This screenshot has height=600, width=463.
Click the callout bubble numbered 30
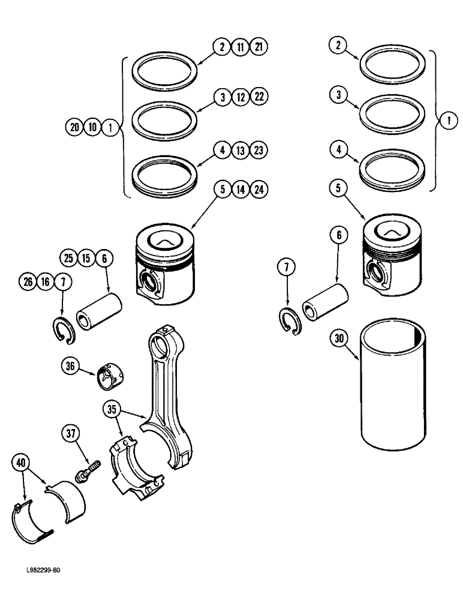[339, 338]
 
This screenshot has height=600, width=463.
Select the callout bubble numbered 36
[69, 365]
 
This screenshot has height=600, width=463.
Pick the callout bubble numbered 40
[20, 463]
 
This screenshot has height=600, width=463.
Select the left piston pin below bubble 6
[100, 311]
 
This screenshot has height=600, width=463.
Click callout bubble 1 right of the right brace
[446, 121]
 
